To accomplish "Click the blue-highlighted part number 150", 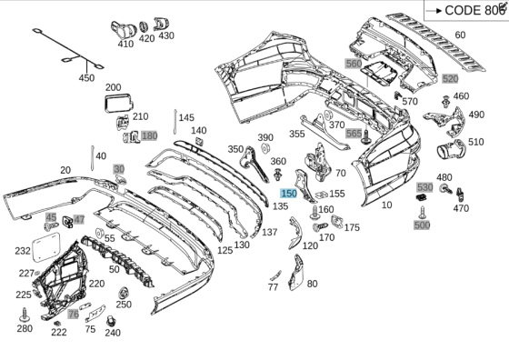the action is [x=289, y=194].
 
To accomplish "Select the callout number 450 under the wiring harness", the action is [x=86, y=78].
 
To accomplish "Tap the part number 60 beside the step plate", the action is [x=460, y=35].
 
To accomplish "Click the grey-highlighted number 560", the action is [x=354, y=64].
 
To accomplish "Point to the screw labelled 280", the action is [x=25, y=315].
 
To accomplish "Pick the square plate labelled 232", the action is [x=46, y=246].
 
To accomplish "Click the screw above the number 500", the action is [x=423, y=213].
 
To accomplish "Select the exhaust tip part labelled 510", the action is [x=451, y=149].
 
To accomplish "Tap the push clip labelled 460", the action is [x=446, y=101].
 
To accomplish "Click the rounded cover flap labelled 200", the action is [x=118, y=103].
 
